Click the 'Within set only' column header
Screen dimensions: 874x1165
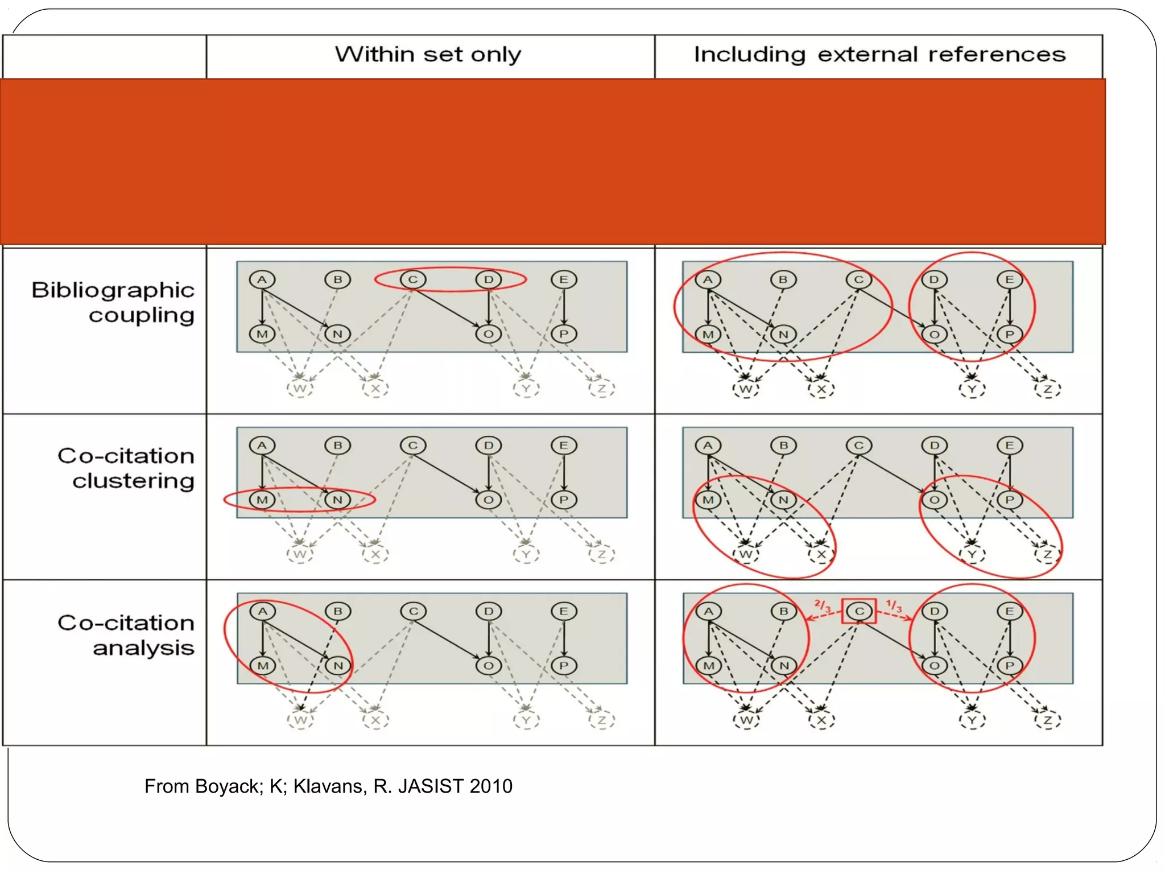(x=428, y=55)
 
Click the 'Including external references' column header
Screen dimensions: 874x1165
(x=879, y=55)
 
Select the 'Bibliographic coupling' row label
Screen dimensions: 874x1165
(x=114, y=302)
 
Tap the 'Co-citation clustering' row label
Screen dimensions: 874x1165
(x=126, y=468)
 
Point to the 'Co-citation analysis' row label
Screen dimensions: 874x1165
(x=126, y=635)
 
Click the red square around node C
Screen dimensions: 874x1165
(x=859, y=611)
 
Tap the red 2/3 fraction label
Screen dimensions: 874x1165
(x=823, y=605)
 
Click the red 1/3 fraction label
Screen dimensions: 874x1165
(x=894, y=605)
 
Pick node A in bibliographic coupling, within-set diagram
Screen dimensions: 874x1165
(x=262, y=279)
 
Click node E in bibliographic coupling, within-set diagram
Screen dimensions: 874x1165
(x=564, y=279)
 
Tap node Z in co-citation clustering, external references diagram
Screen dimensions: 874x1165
(x=1047, y=554)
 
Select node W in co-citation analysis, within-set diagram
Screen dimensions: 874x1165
(x=300, y=720)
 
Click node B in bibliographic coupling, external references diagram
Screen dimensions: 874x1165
(x=783, y=279)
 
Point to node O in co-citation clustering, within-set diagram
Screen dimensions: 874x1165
(x=488, y=500)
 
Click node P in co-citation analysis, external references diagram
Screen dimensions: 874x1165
(x=1010, y=665)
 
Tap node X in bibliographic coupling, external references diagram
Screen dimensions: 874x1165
(x=821, y=389)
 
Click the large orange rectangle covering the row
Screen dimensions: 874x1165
(x=552, y=162)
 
